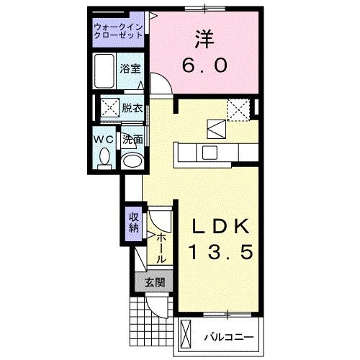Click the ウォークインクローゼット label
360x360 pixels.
(119, 30)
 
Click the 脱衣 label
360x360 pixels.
(131, 108)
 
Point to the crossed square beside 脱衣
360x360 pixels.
(109, 108)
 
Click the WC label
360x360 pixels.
(102, 140)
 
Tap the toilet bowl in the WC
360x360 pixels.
(104, 156)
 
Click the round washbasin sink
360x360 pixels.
(131, 161)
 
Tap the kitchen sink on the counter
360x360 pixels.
(210, 153)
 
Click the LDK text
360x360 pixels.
(221, 226)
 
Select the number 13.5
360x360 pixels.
(221, 253)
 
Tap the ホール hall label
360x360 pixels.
(162, 248)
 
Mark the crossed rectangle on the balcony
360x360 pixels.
(186, 335)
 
